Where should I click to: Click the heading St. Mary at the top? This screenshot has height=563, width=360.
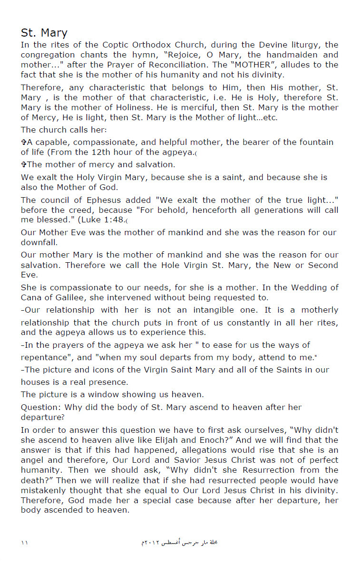tap(44, 33)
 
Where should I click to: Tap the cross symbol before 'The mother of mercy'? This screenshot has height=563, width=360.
tap(23, 165)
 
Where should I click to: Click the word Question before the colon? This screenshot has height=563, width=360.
tap(40, 407)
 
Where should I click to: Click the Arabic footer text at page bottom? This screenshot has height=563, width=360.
tap(180, 542)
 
